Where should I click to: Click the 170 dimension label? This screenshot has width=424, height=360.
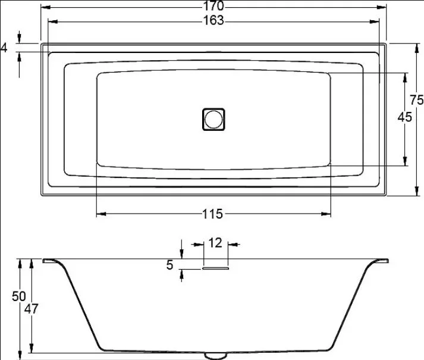pos(213,6)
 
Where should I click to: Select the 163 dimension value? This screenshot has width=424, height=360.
pos(213,20)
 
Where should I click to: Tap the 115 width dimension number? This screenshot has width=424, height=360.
pos(212,214)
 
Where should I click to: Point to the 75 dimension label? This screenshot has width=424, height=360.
pos(416,100)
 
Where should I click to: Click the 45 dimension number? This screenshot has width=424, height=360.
pos(405,117)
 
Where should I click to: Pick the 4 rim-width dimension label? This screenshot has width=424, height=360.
pos(4,48)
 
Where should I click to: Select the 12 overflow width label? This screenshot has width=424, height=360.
pos(215,243)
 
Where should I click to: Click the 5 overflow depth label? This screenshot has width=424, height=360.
pos(169,265)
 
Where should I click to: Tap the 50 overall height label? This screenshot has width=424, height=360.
pos(19,297)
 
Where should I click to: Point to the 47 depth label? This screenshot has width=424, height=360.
pos(32,309)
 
